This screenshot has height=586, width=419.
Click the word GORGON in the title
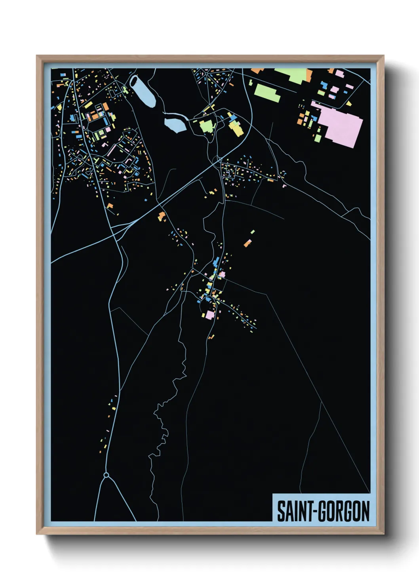(345, 511)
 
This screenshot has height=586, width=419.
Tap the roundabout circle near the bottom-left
(106, 475)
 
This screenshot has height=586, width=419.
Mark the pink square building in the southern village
(209, 315)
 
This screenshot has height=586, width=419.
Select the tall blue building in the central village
(216, 262)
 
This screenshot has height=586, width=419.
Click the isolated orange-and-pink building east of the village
(248, 243)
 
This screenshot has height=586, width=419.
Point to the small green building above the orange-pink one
(253, 232)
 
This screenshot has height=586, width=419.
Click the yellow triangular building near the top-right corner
(349, 103)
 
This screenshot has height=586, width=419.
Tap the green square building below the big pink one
(318, 138)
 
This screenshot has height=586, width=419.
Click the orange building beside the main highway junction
(162, 216)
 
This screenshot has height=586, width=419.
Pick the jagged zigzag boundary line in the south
(166, 420)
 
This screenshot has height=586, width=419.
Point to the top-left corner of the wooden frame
(37, 56)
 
